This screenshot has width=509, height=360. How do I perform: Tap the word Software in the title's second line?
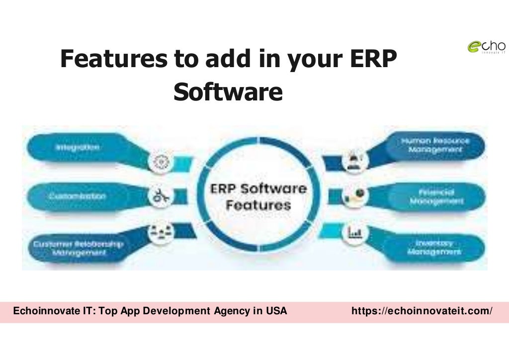[x=228, y=92]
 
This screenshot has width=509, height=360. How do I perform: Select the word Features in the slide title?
[x=113, y=59]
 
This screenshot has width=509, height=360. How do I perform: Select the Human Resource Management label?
[x=435, y=145]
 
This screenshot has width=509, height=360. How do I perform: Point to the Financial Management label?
[x=435, y=196]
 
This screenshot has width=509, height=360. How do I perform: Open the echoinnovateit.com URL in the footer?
[x=422, y=311]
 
